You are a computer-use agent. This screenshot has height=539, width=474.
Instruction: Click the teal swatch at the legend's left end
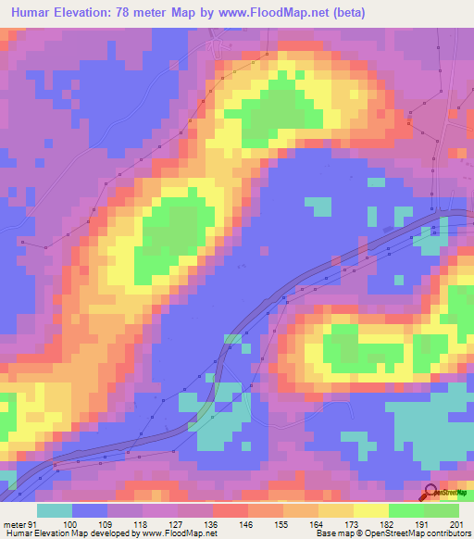coord(55,510)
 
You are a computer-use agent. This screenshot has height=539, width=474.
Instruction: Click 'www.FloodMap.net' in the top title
coord(282,13)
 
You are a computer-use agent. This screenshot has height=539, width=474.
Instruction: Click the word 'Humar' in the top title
coord(31,13)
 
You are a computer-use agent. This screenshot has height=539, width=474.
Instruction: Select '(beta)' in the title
coord(346,13)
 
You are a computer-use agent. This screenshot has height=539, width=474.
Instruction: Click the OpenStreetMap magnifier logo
coord(431,493)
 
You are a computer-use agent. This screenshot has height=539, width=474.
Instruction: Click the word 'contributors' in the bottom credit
coord(448,533)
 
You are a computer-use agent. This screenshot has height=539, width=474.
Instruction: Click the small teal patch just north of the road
coord(318,204)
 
